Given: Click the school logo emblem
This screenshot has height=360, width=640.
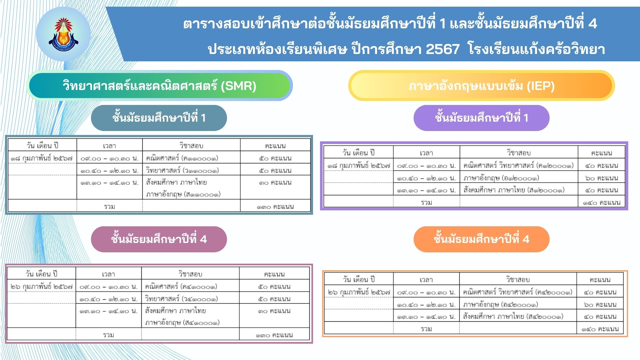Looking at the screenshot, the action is point(63,34).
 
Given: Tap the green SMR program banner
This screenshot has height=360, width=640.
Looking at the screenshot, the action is point(159,86).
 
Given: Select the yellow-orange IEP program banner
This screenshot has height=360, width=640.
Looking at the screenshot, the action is point(481,86).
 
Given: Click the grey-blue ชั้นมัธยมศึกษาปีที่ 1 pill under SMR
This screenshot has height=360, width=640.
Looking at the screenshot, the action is point(159,118).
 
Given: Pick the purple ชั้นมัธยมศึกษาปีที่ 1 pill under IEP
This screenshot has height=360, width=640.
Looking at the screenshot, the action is point(481,118).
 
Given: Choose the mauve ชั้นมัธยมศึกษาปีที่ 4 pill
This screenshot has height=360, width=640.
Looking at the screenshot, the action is point(159,239).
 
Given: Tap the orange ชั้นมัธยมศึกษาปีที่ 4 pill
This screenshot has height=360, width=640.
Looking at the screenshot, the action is point(481,239).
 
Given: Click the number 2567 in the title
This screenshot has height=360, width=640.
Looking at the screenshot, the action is point(443,49).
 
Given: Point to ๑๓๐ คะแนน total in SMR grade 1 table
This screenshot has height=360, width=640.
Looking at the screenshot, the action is point(275,207).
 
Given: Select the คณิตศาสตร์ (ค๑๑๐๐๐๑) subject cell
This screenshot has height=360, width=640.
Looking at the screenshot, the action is point(182,158).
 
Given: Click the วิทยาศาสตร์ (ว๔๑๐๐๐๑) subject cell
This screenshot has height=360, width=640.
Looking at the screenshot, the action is point(181,298).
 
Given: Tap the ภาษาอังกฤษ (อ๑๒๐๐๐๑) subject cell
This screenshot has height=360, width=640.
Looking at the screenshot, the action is point(501,178).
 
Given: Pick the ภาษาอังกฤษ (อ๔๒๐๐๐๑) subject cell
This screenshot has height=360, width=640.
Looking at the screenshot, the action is point(500,304).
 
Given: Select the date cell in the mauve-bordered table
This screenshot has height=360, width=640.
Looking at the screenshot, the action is point(42,286).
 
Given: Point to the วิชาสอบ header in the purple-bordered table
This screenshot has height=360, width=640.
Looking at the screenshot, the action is point(519,153).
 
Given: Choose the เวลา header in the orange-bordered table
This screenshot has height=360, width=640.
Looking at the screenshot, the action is point(426,280).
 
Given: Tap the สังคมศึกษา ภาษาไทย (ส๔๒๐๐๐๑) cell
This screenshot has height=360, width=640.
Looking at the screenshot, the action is point(513,316).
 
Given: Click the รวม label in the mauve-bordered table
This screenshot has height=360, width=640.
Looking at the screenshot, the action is point(109,335).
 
